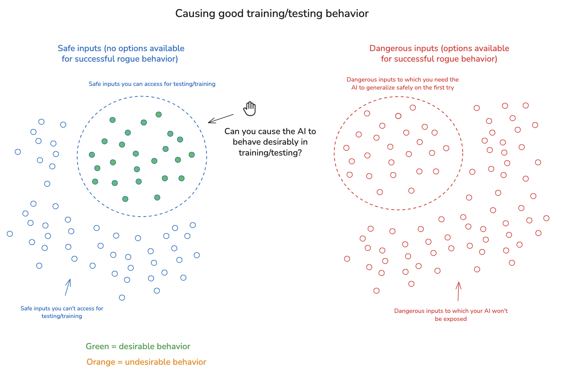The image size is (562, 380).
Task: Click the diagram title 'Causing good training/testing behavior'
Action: pos(272,13)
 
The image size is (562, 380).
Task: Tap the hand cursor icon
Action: pos(250,108)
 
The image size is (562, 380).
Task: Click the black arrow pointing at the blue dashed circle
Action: pos(221,118)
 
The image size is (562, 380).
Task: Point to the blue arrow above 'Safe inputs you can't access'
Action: pos(68,287)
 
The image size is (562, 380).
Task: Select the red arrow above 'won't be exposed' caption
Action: pos(459,291)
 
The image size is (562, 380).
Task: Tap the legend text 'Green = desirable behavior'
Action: pos(138,346)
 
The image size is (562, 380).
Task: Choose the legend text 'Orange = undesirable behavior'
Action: pos(146,362)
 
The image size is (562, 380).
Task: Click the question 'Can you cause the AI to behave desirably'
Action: pos(270,142)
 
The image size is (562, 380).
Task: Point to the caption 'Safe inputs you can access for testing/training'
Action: pos(152,84)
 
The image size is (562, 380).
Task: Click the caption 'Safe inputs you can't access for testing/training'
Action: pos(62,312)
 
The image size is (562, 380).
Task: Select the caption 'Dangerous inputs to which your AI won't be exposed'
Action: pos(451,315)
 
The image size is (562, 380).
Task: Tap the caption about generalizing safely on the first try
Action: pos(403,83)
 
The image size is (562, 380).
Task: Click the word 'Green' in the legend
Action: pos(97,346)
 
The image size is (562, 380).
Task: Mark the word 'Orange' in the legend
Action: pos(100,362)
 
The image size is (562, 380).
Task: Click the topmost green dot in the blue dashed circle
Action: pos(159,115)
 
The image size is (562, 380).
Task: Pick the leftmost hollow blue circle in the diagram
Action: pos(10,234)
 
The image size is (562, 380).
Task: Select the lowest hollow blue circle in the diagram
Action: pos(122,298)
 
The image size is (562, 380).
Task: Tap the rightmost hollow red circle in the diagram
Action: pos(546,218)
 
